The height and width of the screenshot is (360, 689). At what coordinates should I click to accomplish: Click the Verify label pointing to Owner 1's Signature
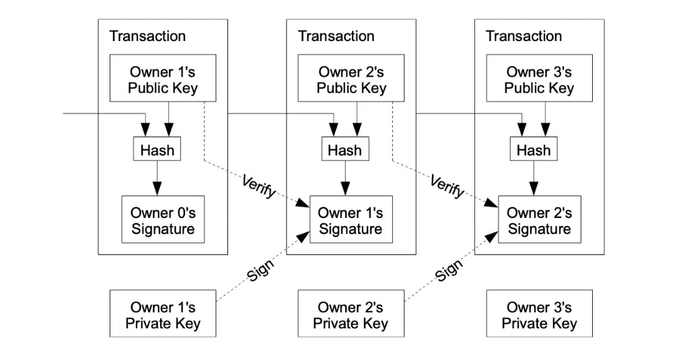[259, 186]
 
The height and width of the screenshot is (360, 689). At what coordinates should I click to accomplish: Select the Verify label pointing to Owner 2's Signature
[447, 186]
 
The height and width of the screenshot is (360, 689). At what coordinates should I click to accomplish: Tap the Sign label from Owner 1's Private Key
[260, 269]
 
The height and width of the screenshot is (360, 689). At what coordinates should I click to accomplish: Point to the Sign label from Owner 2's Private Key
[449, 269]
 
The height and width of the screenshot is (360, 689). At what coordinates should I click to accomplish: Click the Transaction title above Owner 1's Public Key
[147, 36]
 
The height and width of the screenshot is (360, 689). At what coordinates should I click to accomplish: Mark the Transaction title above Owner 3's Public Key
[523, 36]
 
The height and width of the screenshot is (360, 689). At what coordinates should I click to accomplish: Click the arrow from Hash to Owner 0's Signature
[157, 178]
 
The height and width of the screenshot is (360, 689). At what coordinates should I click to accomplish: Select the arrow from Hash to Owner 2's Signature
[534, 178]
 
